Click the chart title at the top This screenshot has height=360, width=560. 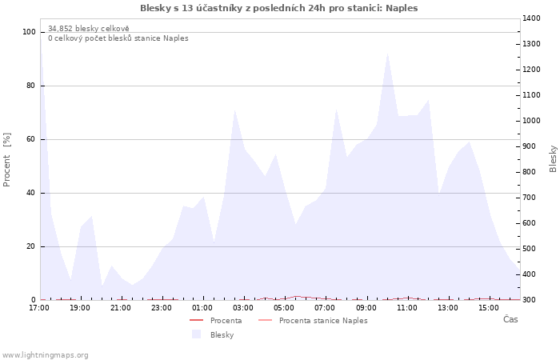coord(278,8)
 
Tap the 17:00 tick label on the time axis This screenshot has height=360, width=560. coord(39,307)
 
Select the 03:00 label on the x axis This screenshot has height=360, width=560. coord(243,307)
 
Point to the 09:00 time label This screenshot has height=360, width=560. coord(366,307)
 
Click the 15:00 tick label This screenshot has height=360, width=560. coord(489,307)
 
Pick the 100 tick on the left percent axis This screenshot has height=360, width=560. coord(30,32)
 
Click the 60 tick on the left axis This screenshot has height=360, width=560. coord(31,139)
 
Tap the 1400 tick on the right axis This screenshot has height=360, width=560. coord(531,18)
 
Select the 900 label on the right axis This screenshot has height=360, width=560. coord(529,146)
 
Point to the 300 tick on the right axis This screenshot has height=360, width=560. coord(529,300)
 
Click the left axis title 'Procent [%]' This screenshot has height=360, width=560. coord(7,159)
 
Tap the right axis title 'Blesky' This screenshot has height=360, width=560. coord(553,158)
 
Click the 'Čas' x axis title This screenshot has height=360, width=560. coord(510,319)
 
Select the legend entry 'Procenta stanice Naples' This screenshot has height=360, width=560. coord(323,320)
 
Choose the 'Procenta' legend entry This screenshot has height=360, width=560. coord(226,320)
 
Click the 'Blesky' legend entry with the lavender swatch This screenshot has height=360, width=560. coord(222,334)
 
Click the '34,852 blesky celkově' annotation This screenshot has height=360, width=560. coord(82,29)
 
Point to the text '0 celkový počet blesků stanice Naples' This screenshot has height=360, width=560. coord(118,38)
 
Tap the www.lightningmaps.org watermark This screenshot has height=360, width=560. coord(45,355)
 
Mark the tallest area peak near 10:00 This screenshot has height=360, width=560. coord(387,54)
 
